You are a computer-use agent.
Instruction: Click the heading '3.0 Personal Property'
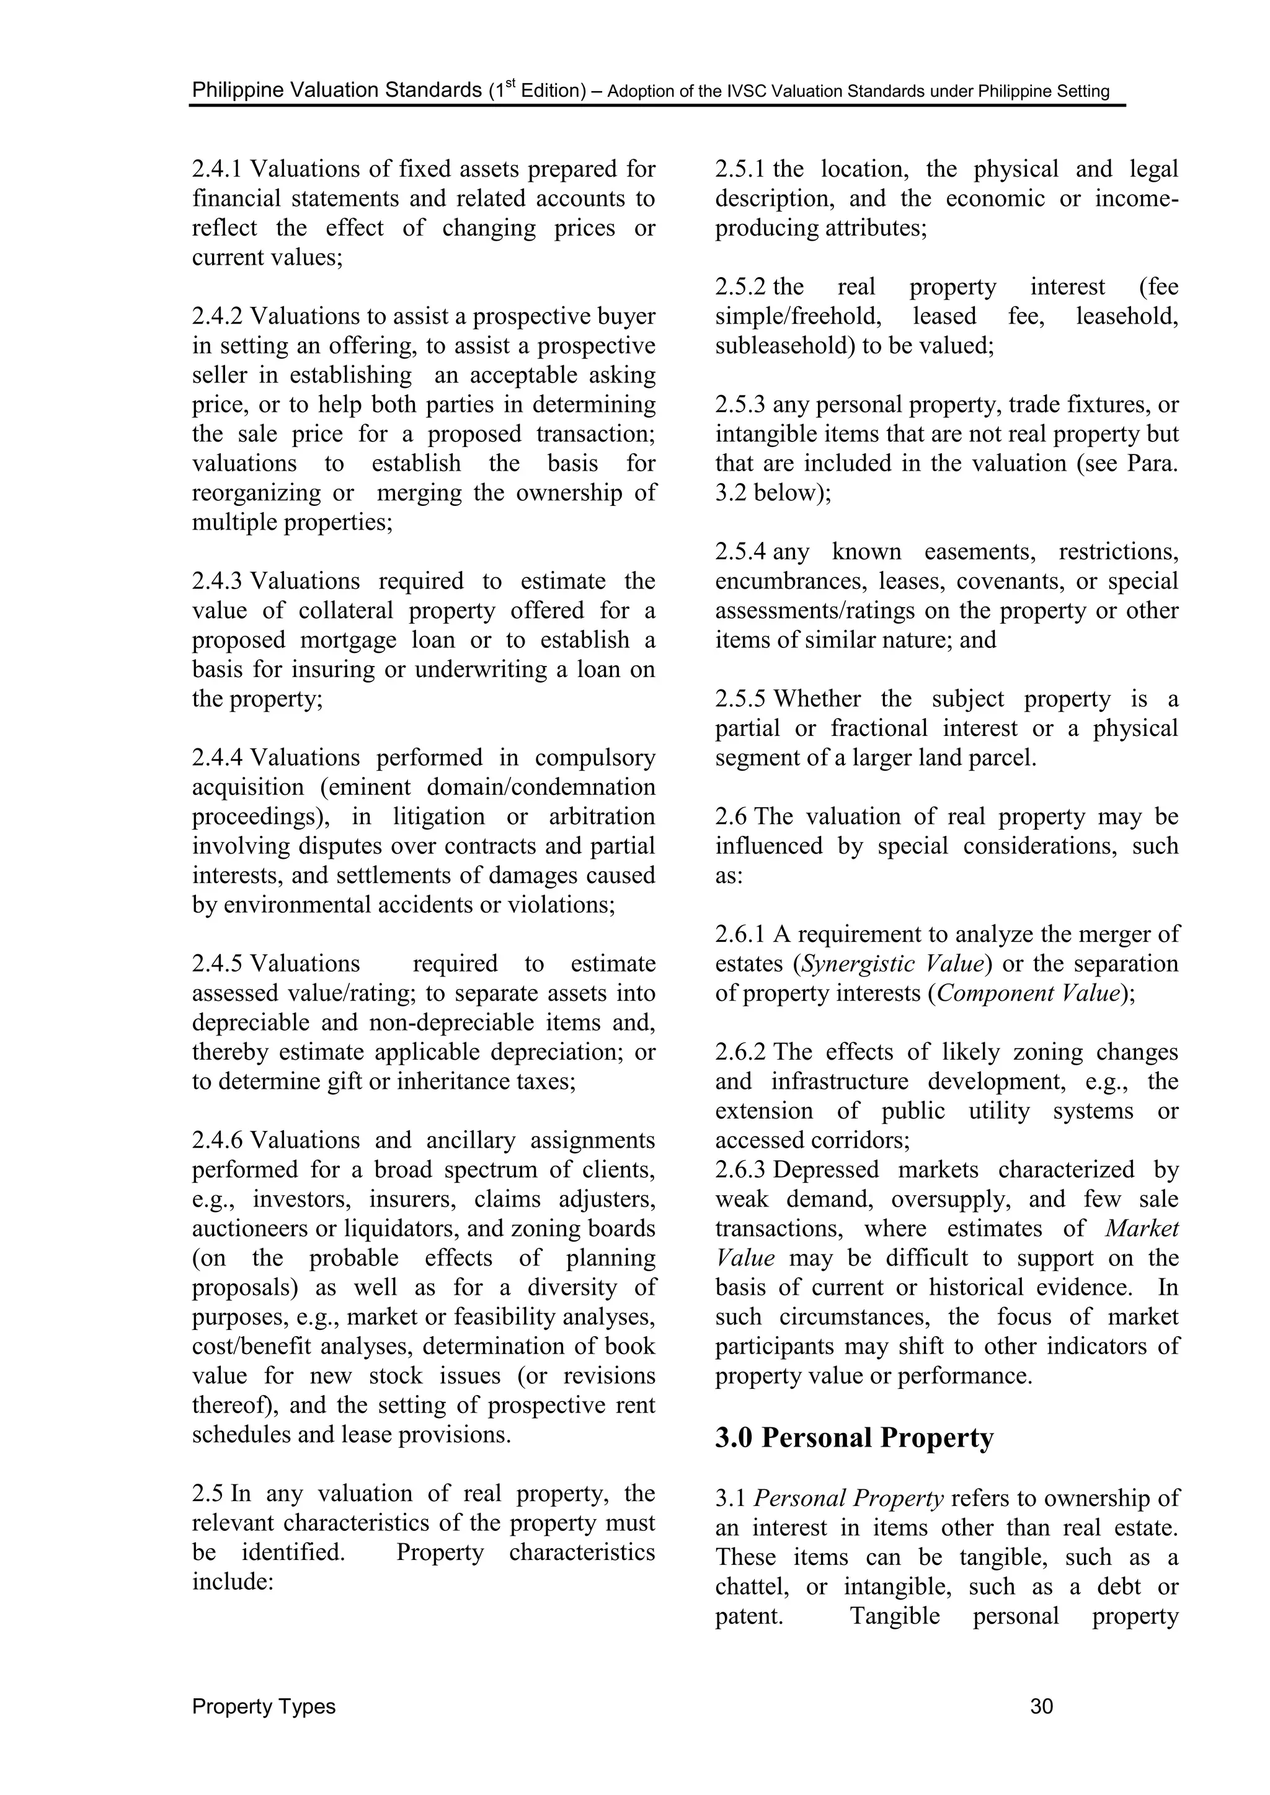854,1438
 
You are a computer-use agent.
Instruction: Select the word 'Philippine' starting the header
238,90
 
